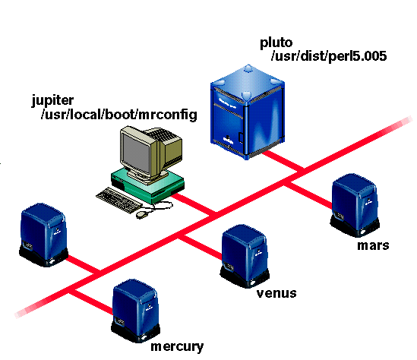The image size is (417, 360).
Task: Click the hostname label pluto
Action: click(x=276, y=43)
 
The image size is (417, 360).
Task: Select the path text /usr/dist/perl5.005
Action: click(x=329, y=56)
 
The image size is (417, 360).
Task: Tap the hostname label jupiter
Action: click(x=52, y=101)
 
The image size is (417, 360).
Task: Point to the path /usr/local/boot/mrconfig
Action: click(x=119, y=115)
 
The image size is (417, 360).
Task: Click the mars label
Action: click(x=373, y=245)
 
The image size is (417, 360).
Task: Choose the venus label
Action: click(x=276, y=293)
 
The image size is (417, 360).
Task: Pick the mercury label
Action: click(x=177, y=347)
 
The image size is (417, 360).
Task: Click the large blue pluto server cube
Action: click(x=248, y=112)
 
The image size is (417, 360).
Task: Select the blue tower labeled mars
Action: click(x=355, y=205)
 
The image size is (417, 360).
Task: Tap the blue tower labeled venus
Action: click(x=245, y=256)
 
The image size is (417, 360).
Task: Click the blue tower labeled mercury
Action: click(x=136, y=311)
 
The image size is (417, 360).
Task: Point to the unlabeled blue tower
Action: click(x=43, y=235)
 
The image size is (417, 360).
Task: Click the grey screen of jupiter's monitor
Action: click(x=135, y=153)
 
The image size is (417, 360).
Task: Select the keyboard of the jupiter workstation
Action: click(x=118, y=201)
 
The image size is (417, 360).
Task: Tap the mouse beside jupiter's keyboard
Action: click(x=143, y=214)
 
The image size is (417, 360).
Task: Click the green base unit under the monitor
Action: click(x=148, y=185)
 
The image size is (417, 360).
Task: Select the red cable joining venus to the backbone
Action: click(x=200, y=248)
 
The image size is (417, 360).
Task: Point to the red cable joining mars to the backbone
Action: click(x=308, y=194)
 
